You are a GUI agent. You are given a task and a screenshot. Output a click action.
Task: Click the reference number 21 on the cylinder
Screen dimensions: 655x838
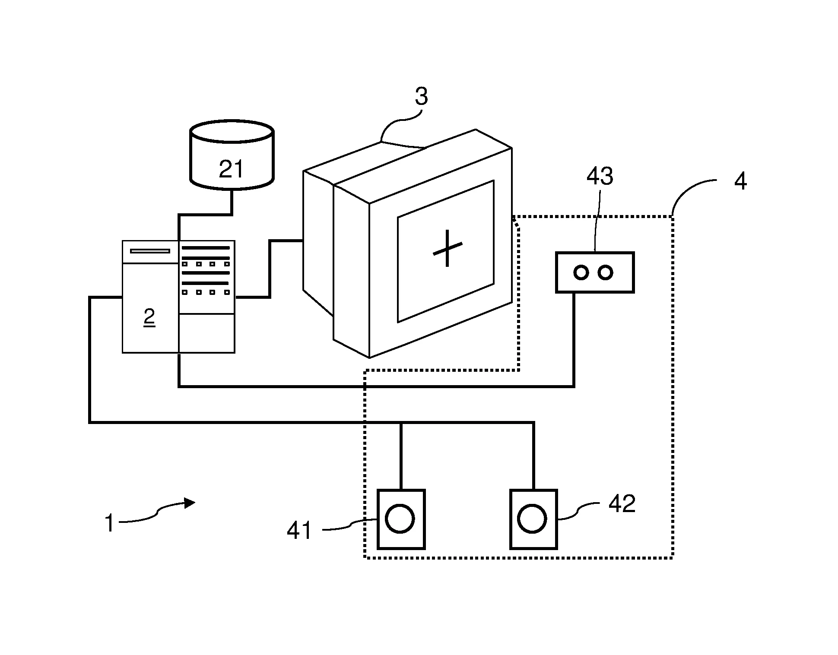(232, 169)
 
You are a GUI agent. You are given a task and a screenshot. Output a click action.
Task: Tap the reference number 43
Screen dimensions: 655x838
(600, 176)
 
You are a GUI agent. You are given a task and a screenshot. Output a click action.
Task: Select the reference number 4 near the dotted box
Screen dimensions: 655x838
(740, 181)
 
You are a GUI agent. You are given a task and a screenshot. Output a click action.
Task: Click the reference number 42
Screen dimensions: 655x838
(622, 503)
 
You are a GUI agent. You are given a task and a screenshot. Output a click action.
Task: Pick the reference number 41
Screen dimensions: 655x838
(299, 530)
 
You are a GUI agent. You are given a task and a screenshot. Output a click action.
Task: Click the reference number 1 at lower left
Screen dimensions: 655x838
(110, 523)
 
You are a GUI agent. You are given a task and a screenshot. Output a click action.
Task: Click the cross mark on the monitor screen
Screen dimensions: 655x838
(448, 249)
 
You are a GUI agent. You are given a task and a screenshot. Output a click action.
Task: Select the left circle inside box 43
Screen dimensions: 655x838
(581, 272)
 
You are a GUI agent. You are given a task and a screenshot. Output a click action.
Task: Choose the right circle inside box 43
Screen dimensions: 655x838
(606, 272)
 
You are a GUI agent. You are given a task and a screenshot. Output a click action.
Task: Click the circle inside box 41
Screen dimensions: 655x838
(400, 518)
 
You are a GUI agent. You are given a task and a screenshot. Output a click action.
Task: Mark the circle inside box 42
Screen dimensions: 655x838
(532, 518)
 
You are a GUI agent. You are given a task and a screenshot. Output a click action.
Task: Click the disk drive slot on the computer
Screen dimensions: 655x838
(150, 251)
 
